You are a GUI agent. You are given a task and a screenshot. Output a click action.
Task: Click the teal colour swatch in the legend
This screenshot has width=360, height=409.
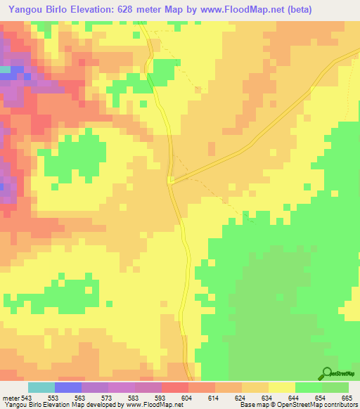(41, 387)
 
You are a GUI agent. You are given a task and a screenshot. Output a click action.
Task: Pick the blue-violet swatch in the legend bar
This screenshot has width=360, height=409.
(67, 387)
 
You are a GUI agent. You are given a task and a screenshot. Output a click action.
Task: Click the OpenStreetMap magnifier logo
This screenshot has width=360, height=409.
(328, 373)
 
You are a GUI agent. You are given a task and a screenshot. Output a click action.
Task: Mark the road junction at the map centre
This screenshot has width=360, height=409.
(171, 181)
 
